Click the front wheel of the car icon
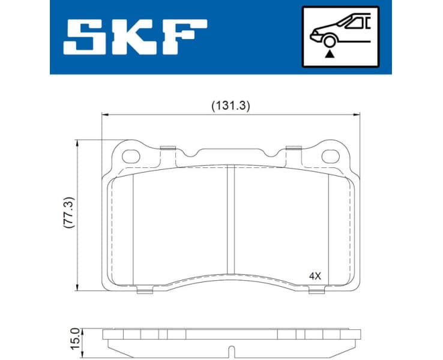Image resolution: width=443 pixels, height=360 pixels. click(328, 41)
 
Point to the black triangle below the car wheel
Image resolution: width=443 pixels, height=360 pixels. click(328, 53)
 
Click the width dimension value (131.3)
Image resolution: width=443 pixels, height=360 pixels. click(230, 105)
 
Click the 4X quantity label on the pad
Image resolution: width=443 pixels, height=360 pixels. click(316, 277)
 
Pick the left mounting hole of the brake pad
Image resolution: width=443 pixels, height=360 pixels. click(131, 156)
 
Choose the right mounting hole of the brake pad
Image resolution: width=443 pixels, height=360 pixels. click(330, 156)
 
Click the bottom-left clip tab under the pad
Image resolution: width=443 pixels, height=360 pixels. click(143, 291)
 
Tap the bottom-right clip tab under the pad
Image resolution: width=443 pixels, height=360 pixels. click(316, 291)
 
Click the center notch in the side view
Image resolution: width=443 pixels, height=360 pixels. click(231, 350)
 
